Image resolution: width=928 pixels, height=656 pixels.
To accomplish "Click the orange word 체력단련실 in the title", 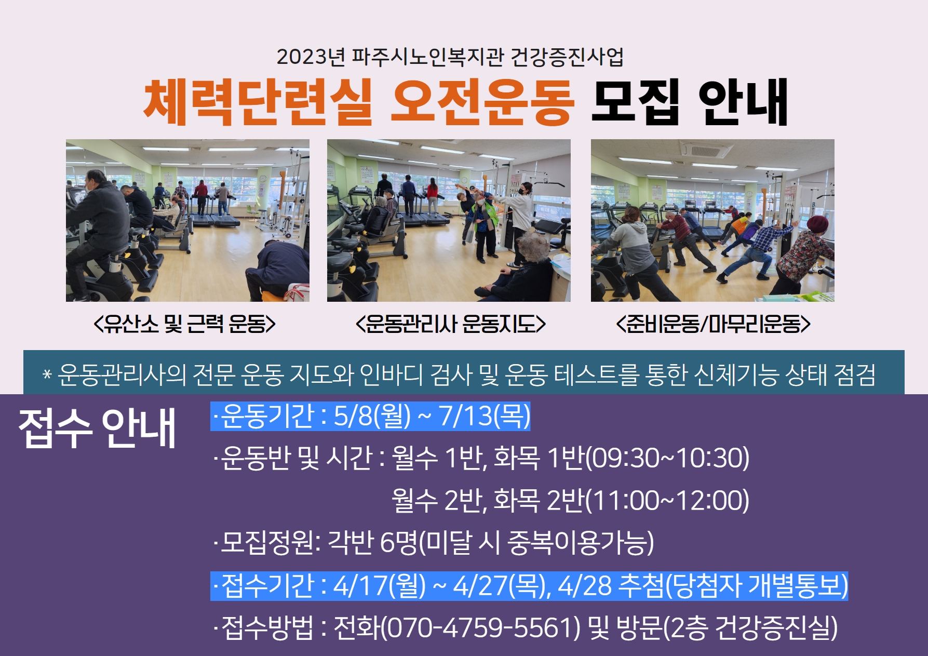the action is point(258,102).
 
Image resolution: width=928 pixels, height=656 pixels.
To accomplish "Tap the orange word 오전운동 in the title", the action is point(483,102).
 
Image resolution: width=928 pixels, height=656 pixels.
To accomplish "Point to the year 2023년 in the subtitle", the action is point(311,57).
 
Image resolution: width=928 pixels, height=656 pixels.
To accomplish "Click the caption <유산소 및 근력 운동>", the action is point(184,324).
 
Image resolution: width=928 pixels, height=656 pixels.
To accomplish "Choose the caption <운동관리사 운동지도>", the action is point(450,324).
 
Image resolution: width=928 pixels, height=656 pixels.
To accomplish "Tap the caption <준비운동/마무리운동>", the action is point(713,324).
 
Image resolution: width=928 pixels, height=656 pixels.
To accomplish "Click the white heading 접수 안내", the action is point(98,428).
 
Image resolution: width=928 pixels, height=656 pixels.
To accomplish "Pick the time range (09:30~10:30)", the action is point(667,458).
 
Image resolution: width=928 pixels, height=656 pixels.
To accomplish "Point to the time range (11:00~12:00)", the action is point(667,500).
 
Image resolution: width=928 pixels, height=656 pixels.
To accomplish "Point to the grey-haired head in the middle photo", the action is point(534,247).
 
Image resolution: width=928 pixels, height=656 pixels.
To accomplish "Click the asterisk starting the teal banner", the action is point(47,374).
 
